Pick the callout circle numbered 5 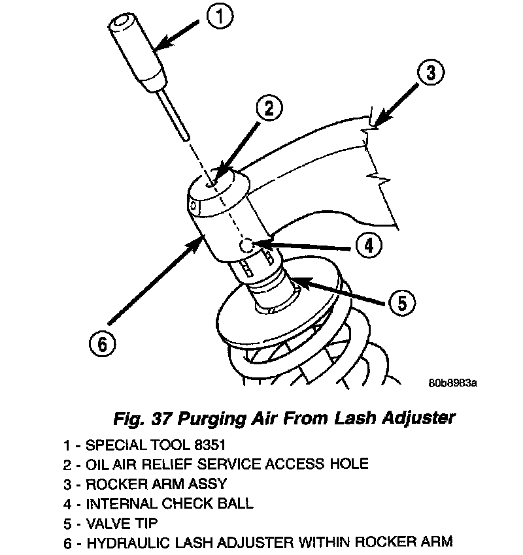[401, 302]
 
